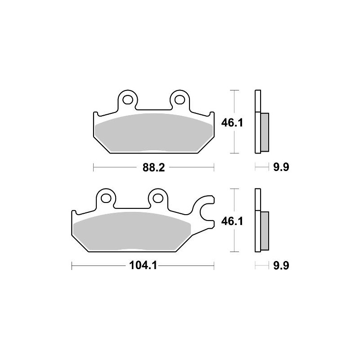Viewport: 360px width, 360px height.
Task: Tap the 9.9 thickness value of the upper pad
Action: click(x=280, y=168)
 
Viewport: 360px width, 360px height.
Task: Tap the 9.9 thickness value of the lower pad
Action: click(x=280, y=266)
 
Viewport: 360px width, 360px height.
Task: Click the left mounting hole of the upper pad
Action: click(x=127, y=99)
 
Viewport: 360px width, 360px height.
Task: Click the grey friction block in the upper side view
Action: click(x=265, y=131)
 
